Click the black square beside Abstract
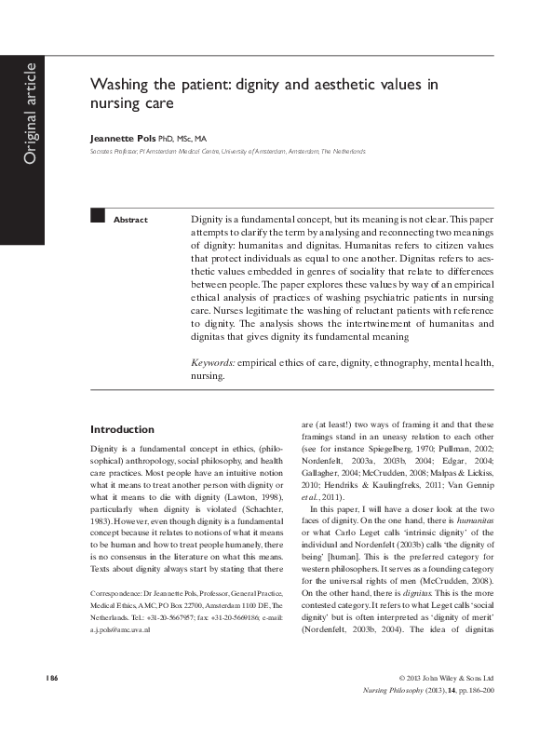click(x=96, y=216)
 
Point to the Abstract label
click(x=130, y=220)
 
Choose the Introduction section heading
click(x=122, y=429)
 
